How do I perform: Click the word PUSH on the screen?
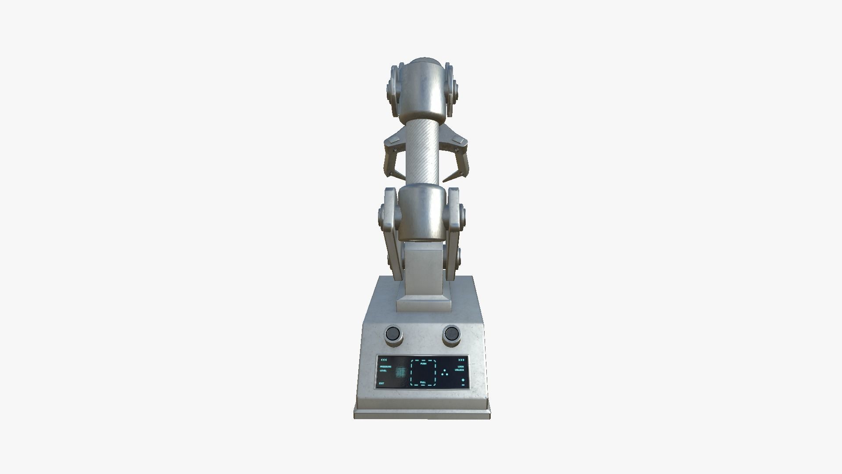(x=423, y=363)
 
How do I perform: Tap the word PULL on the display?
(x=423, y=382)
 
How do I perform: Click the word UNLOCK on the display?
(x=460, y=370)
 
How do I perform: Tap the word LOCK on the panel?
(x=461, y=366)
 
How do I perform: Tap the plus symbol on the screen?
(x=463, y=380)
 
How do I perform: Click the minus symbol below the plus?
(x=463, y=385)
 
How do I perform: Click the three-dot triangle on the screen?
(x=445, y=373)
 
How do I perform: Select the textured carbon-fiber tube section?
(x=423, y=154)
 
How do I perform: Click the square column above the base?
(x=423, y=272)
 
